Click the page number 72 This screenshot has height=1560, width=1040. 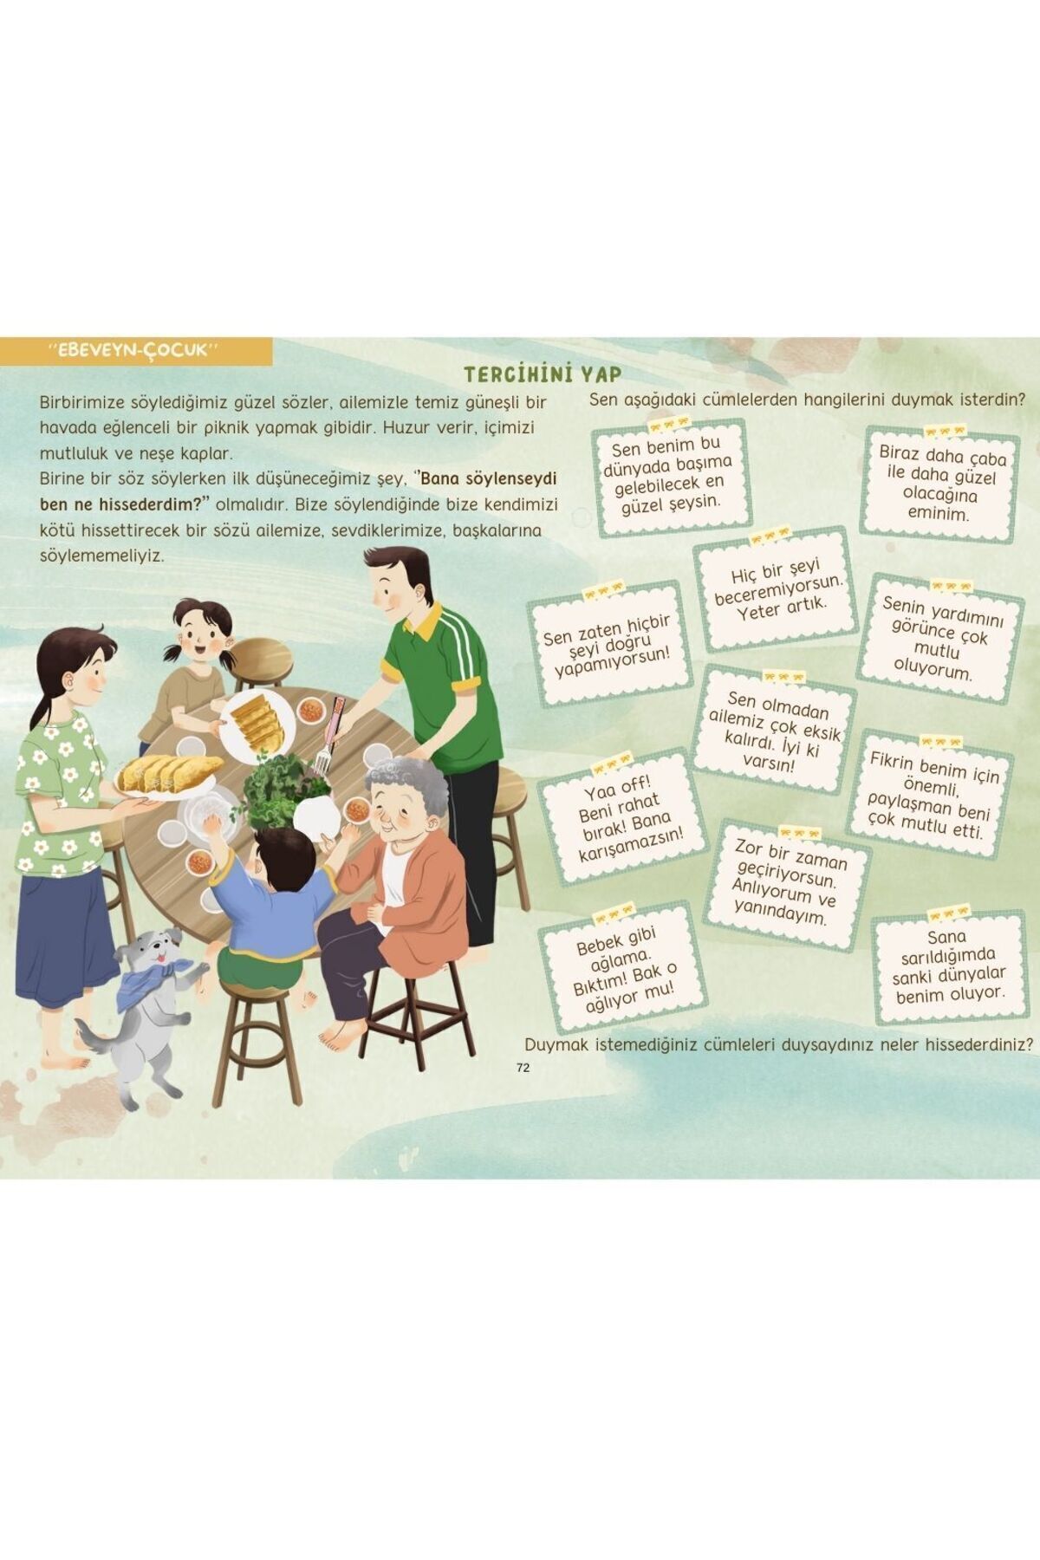click(x=523, y=1068)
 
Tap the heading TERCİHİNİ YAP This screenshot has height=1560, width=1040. click(x=543, y=374)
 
